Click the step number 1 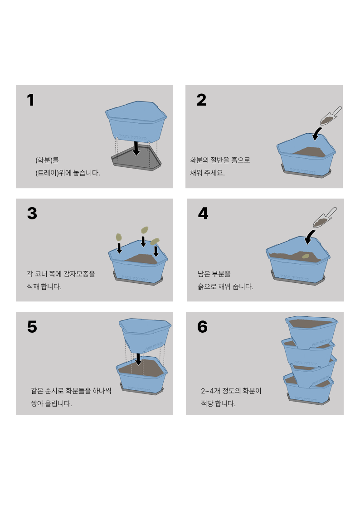(30, 100)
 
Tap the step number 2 (201, 100)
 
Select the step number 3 (32, 213)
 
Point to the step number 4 (203, 213)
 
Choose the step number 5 (32, 327)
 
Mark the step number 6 (202, 327)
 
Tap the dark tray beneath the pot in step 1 (136, 162)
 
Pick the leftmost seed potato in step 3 (119, 237)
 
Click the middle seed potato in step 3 (145, 231)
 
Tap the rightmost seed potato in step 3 (155, 241)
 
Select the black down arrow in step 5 (138, 359)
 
